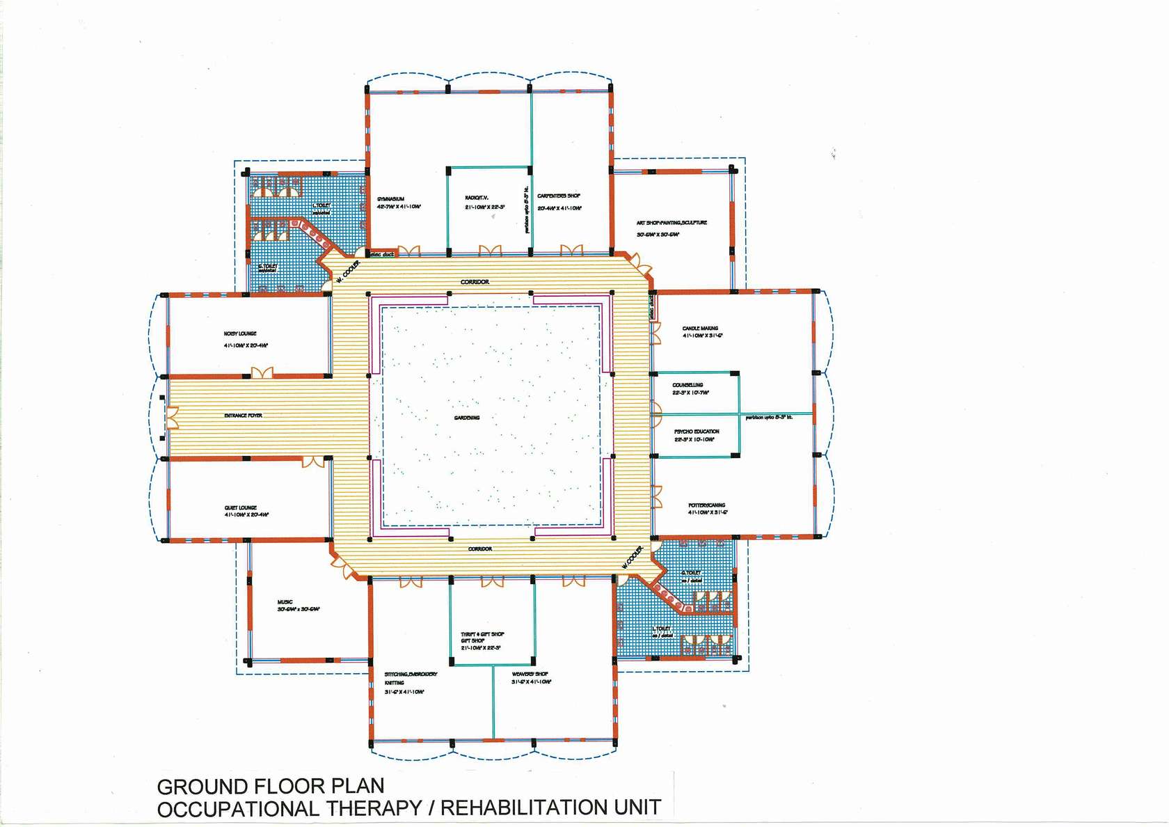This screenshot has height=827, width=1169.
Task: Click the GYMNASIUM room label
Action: [x=390, y=199]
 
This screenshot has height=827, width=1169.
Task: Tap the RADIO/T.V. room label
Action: [x=477, y=198]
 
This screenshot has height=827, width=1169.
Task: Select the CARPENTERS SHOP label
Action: [x=559, y=196]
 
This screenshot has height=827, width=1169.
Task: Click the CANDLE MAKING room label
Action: [x=700, y=328]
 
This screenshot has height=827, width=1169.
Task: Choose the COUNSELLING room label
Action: [x=687, y=385]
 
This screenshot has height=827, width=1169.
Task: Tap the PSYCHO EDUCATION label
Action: [x=697, y=432]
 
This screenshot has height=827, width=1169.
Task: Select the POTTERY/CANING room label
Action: [x=706, y=505]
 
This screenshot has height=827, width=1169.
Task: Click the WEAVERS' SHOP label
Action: [x=530, y=674]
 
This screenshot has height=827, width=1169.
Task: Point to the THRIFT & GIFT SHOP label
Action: [x=482, y=634]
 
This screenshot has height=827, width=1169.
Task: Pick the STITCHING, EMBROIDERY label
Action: [x=411, y=674]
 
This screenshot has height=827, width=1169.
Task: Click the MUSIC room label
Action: [x=285, y=602]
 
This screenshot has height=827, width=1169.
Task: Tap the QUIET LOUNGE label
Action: [x=241, y=507]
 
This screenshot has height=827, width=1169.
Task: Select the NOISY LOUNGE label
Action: [x=240, y=333]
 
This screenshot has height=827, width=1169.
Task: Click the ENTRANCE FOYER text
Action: [x=243, y=416]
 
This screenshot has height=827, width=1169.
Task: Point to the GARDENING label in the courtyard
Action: [x=467, y=418]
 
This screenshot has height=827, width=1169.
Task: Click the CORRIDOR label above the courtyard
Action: [x=475, y=282]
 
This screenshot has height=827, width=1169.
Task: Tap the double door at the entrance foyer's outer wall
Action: [x=172, y=418]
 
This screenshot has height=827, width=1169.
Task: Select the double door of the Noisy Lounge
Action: [x=262, y=373]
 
